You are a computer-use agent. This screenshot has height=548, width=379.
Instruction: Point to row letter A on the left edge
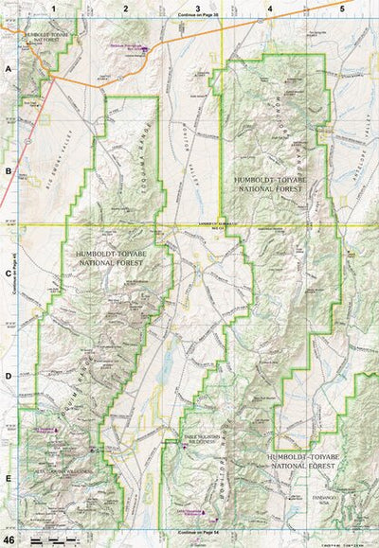[8, 69]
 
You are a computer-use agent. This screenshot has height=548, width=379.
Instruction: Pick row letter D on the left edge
[8, 376]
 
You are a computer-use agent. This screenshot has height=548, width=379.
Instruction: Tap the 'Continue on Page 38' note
[197, 16]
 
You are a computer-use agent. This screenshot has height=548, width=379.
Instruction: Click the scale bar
[53, 539]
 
